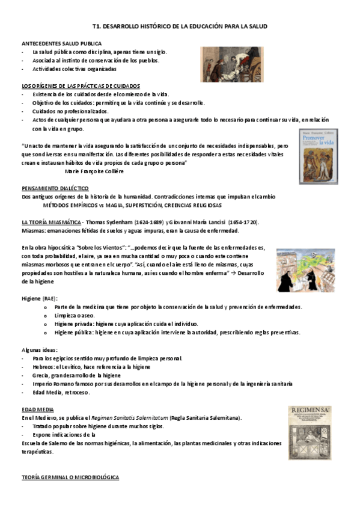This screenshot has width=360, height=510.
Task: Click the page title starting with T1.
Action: [x=180, y=27]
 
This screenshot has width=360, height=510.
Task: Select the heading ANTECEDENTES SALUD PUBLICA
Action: [x=61, y=44]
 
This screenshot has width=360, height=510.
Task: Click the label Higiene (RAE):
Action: [x=40, y=298]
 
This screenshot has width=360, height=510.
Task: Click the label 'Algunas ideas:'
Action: [x=40, y=349]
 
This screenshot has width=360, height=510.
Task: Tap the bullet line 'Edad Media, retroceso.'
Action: [x=61, y=392]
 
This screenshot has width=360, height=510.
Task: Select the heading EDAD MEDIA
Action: [x=35, y=409]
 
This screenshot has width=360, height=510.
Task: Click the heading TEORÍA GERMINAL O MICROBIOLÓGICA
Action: [x=70, y=477]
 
